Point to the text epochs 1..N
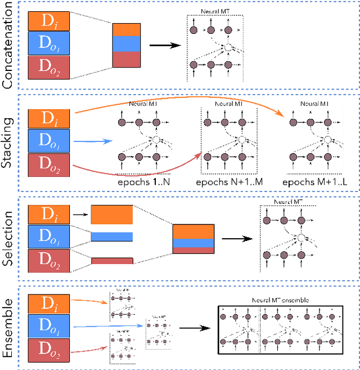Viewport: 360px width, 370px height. tap(142, 182)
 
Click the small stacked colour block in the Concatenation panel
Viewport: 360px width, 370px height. tap(127, 44)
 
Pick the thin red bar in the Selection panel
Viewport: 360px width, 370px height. tap(112, 260)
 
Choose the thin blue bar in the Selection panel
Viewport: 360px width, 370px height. tap(112, 237)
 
